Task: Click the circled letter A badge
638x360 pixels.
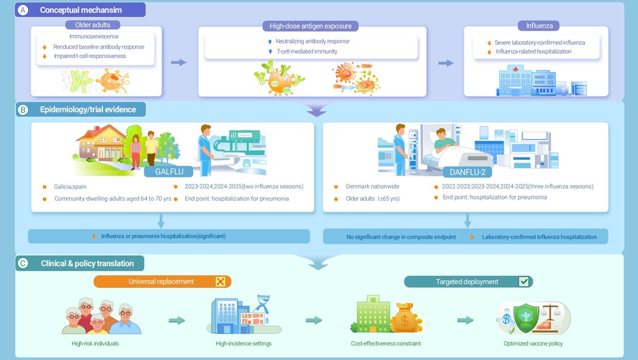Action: coord(23,10)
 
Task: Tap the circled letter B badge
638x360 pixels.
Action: coord(23,110)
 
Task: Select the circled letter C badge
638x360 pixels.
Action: coord(23,263)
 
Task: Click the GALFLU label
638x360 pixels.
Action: coord(169,172)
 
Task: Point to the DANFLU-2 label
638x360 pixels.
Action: coord(467,172)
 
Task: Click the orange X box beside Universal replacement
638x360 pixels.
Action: coord(220,282)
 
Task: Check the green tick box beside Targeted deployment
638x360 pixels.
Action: coord(524,282)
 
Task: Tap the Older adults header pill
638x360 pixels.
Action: coord(93,25)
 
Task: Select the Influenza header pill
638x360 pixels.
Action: coord(539,26)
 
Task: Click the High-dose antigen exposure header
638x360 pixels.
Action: coord(310,26)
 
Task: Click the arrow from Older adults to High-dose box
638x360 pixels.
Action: coord(179,63)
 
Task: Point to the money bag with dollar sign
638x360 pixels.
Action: coord(406,318)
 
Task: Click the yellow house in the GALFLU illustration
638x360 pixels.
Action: coord(101,142)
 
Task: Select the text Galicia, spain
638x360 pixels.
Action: coord(70,187)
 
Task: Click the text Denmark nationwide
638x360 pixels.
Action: coord(372,186)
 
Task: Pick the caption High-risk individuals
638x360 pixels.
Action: coord(95,344)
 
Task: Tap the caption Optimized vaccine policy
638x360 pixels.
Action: coord(533,344)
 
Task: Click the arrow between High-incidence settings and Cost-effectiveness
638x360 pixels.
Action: coord(314,320)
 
